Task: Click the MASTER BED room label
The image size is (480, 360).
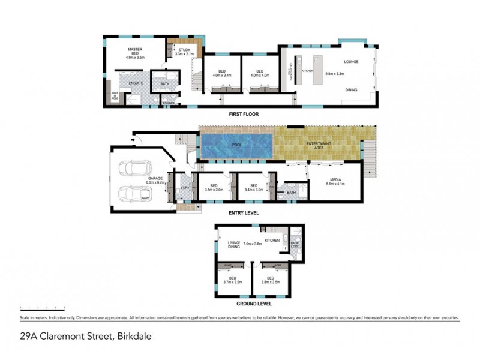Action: [x=134, y=50]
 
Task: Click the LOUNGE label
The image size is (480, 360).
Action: [x=351, y=62]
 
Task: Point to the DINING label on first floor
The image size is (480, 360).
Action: [x=352, y=90]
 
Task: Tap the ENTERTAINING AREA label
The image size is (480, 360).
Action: [x=316, y=146]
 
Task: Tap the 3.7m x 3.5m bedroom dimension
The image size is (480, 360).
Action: [x=232, y=281]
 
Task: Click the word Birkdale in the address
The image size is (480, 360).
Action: [x=132, y=337]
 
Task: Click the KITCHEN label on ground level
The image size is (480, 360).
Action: [x=272, y=241]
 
